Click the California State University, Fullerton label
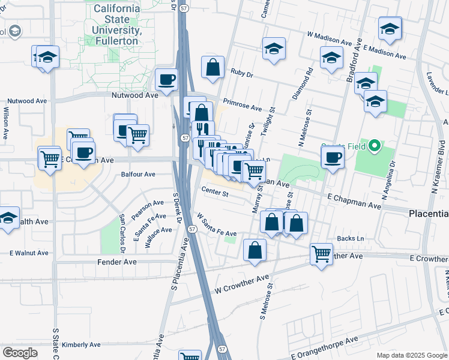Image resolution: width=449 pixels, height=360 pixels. (118, 25)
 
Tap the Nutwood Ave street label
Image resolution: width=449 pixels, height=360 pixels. (134, 95)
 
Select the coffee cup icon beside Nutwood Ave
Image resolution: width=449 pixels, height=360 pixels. (167, 80)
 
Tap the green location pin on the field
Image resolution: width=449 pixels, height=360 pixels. (375, 146)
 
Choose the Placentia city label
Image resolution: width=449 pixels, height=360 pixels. (428, 214)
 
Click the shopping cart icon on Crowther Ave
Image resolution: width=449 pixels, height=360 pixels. (322, 254)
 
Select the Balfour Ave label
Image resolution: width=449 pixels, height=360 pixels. (138, 175)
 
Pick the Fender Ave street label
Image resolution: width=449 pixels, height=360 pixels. (116, 262)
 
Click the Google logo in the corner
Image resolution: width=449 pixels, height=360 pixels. (20, 353)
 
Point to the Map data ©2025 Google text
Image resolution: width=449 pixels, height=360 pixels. (412, 355)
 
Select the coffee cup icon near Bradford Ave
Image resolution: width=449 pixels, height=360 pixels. (332, 158)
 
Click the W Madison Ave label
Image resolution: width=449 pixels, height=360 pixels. (329, 40)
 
